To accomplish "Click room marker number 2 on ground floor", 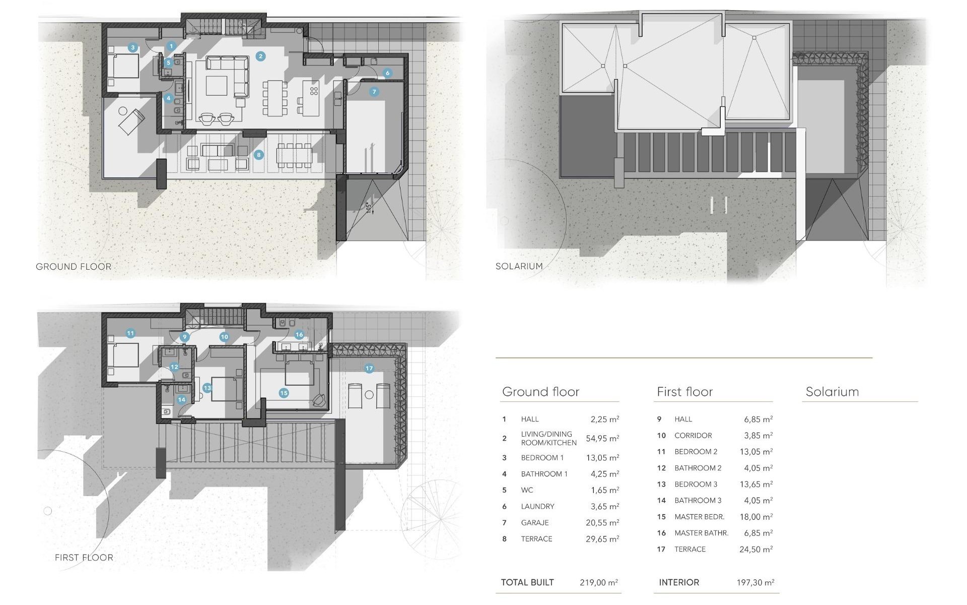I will [x=260, y=56].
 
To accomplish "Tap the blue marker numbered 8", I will [x=259, y=155].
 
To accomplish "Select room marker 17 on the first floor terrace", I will [x=369, y=368].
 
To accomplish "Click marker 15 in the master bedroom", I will [x=284, y=393].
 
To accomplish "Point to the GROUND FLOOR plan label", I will [x=74, y=267].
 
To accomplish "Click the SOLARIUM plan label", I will [x=519, y=266].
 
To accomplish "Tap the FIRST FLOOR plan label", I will [x=84, y=558].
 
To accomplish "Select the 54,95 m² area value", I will [x=602, y=439].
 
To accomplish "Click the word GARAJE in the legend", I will [x=535, y=523].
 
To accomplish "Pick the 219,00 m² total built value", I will [x=598, y=582].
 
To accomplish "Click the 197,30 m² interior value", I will [x=755, y=582].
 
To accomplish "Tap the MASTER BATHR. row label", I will [x=701, y=533].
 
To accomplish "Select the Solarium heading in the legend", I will [x=832, y=392].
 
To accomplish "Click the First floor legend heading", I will [x=684, y=392].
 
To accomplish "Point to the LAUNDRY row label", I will [x=537, y=506].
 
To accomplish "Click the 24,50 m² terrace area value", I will [x=755, y=550].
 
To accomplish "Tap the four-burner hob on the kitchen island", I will [x=314, y=91].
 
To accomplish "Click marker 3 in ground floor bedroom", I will [x=132, y=47].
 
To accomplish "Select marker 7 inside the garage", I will [x=374, y=92].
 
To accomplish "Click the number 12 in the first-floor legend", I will [x=661, y=468].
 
